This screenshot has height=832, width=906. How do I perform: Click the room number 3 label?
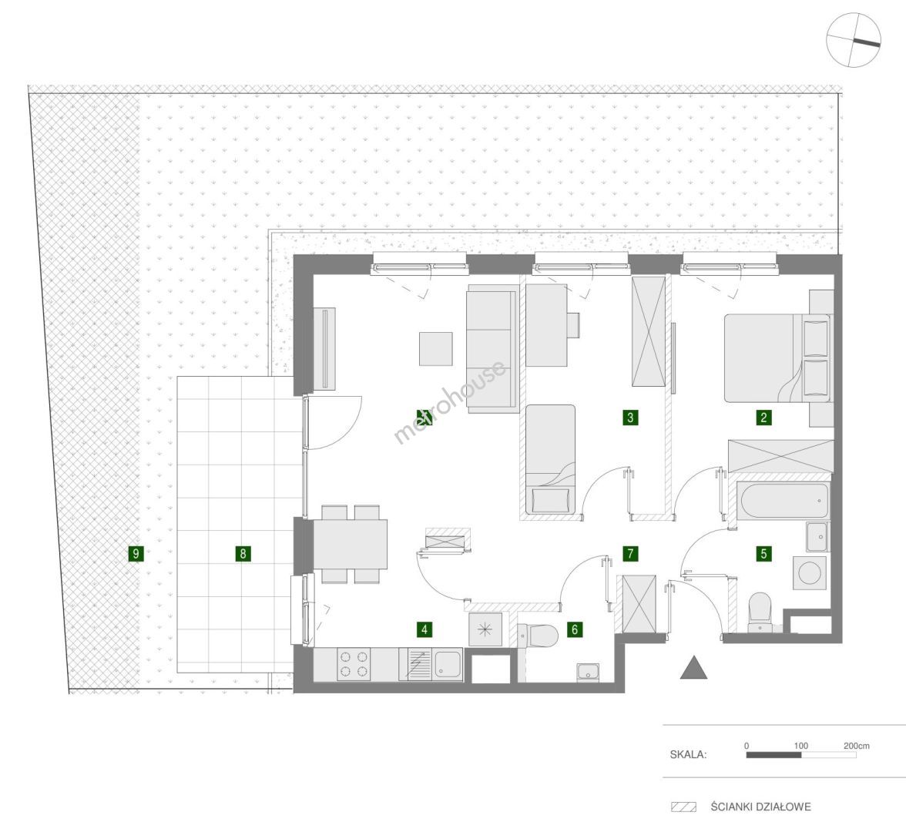coord(630,418)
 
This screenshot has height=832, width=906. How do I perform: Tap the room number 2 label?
coord(764,418)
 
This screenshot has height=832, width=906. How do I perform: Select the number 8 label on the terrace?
coord(243,553)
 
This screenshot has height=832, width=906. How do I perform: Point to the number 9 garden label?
coord(136,553)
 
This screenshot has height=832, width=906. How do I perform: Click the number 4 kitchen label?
coord(424,629)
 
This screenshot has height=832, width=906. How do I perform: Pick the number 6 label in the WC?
coord(575,629)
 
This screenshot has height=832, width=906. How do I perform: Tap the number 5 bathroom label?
coord(764,553)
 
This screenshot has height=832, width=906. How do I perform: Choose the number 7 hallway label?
coord(630,553)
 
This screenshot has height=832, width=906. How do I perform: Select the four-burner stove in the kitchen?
coord(354,664)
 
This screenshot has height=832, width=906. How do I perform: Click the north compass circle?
coord(854,41)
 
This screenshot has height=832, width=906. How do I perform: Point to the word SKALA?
coord(688,754)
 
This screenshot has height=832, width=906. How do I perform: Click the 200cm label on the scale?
coord(857,746)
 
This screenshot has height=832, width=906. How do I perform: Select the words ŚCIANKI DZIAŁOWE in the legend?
coord(761,807)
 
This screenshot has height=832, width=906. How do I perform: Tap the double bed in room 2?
coord(777,358)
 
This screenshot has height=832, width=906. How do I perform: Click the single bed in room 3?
coord(551,459)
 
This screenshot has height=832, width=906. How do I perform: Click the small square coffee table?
coord(436,348)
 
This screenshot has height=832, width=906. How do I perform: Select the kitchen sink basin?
coord(448,664)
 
